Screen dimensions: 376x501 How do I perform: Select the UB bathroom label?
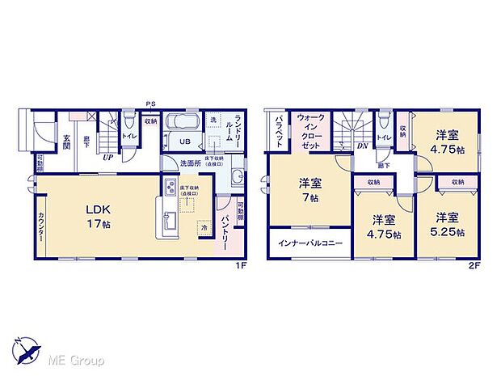[185, 142]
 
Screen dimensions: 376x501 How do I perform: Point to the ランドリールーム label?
[238, 129]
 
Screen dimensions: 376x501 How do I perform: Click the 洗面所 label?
[190, 163]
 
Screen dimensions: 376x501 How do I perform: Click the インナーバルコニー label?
[311, 243]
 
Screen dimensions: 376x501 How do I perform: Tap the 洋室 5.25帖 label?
[449, 224]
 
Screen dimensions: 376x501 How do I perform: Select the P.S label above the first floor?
[150, 104]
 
